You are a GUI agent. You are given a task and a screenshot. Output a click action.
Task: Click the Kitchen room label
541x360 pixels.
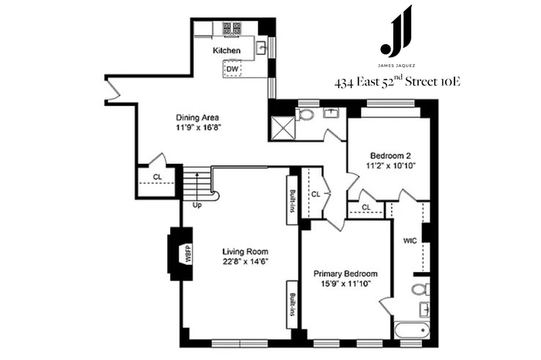pos(226,51)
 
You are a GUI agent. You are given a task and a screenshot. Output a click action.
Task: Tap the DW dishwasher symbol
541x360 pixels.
pos(232,69)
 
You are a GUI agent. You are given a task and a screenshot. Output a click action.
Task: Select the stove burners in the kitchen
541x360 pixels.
pos(232,28)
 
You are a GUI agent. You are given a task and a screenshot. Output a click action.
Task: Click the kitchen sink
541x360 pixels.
pos(261,47)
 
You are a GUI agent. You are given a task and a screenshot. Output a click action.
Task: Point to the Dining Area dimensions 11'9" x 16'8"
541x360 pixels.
pos(198,127)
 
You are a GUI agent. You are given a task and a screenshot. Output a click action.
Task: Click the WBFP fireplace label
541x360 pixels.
pos(189,254)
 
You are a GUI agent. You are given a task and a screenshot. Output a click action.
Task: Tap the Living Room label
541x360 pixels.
pos(245,252)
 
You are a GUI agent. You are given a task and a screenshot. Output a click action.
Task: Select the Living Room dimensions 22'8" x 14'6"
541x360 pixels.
pos(245,261)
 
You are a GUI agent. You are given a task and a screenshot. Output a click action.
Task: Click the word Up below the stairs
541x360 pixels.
pos(197,205)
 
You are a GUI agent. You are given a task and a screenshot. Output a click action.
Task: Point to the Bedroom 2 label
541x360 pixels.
pos(390,155)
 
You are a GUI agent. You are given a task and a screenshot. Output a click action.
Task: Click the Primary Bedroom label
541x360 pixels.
pos(345,273)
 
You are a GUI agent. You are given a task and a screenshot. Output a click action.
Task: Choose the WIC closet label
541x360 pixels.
pos(410,241)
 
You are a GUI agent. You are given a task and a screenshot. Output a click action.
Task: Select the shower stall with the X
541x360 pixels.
pos(283,128)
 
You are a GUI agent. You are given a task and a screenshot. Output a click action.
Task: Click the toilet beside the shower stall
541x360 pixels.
pos(305,114)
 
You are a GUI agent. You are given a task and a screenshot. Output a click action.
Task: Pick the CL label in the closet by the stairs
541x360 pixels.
pos(158,177)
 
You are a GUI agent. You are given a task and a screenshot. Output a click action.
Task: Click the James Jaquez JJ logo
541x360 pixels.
pos(396,31)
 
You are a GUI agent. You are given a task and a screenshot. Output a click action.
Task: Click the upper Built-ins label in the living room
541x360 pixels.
pos(293,201)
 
